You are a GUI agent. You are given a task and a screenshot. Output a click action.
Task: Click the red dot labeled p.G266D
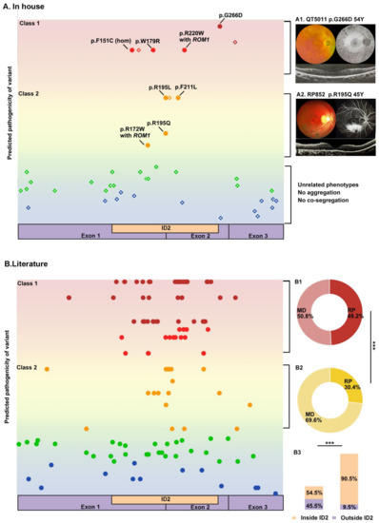coord(221,26)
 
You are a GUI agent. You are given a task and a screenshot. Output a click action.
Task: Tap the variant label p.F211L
coord(187,88)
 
